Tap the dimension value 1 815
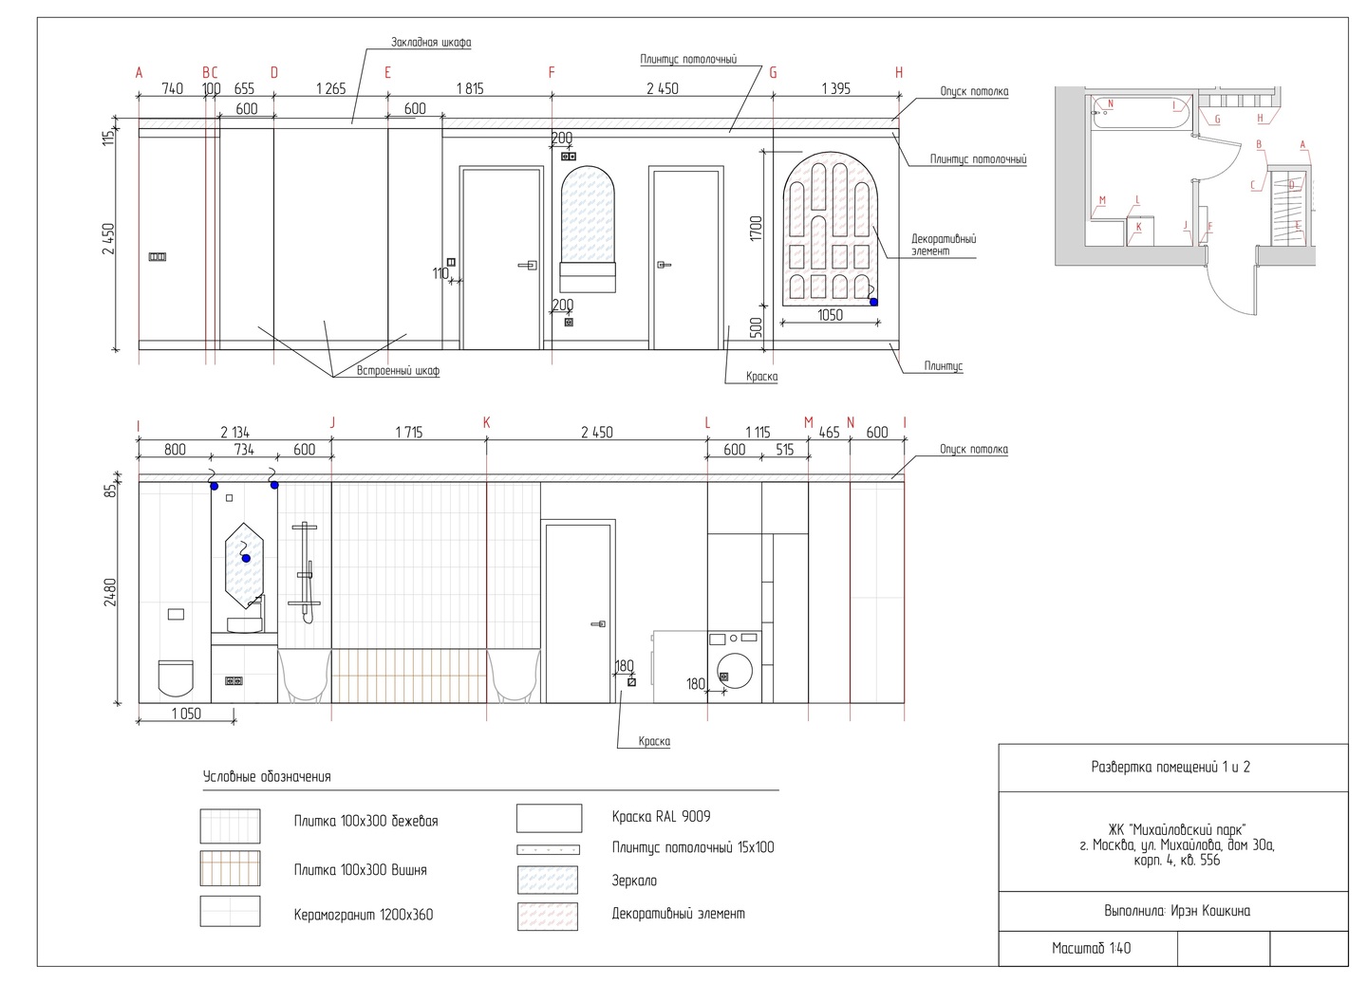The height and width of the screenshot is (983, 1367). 470,89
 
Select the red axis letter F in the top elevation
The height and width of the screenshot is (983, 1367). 552,73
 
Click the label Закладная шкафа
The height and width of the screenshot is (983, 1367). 431,43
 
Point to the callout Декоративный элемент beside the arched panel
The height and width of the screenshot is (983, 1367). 943,246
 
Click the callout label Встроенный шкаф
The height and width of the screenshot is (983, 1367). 398,371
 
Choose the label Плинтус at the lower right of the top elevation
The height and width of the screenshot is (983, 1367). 944,365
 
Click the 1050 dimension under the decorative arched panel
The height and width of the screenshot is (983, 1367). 830,315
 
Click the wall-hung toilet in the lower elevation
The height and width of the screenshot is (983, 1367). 175,677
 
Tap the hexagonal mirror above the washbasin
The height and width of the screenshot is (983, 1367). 245,562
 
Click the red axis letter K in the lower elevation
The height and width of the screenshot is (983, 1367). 487,422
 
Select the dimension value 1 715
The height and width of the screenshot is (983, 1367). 408,433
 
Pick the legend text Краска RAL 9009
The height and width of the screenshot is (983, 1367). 661,816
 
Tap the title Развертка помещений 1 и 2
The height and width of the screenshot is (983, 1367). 1170,767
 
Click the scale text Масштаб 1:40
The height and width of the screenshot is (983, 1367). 1091,948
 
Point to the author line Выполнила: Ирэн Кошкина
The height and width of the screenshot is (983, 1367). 1176,911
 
